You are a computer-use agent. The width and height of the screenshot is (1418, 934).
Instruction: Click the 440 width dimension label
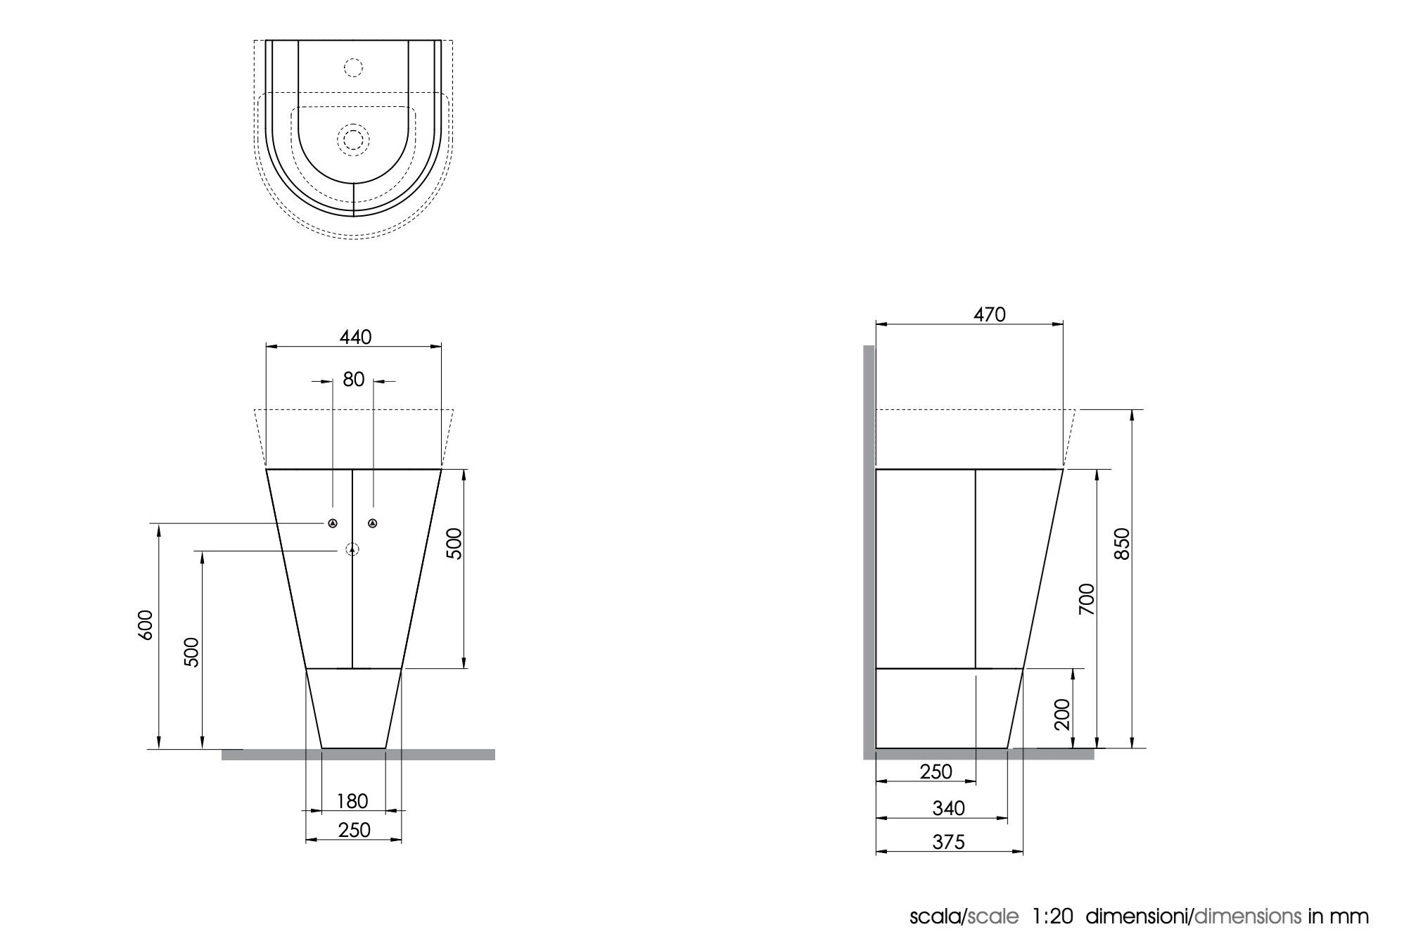point(355,338)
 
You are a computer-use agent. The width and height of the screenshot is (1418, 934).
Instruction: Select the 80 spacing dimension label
point(353,380)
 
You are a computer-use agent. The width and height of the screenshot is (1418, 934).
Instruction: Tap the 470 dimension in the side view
point(989,315)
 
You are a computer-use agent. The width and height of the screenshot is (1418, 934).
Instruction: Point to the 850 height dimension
point(1123,543)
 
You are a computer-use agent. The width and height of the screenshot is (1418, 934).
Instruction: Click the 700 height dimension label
point(1087,599)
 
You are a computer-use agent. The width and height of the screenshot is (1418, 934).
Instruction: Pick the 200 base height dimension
point(1063,714)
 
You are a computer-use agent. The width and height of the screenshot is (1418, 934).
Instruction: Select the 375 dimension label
point(949,842)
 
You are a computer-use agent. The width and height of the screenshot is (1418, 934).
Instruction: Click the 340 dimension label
point(949,809)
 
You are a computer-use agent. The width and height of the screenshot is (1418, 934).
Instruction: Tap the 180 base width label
point(352,801)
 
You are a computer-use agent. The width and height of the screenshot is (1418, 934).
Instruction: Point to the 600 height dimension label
point(146,625)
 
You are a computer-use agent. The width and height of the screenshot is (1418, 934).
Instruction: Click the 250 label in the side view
point(936,772)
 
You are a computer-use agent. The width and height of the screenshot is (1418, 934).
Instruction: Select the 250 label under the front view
point(354,831)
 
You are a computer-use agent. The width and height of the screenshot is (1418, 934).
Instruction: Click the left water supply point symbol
point(333,523)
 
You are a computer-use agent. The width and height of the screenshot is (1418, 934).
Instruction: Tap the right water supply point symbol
point(373,523)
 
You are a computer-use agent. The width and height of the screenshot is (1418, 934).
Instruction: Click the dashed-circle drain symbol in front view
point(352,550)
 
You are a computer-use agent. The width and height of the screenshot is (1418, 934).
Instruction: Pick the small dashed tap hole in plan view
point(353,68)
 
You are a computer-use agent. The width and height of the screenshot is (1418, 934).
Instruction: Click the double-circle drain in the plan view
point(353,139)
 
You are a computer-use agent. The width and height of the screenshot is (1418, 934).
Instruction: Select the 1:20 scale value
point(1052,917)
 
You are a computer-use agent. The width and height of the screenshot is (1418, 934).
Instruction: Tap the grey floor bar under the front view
point(358,755)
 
